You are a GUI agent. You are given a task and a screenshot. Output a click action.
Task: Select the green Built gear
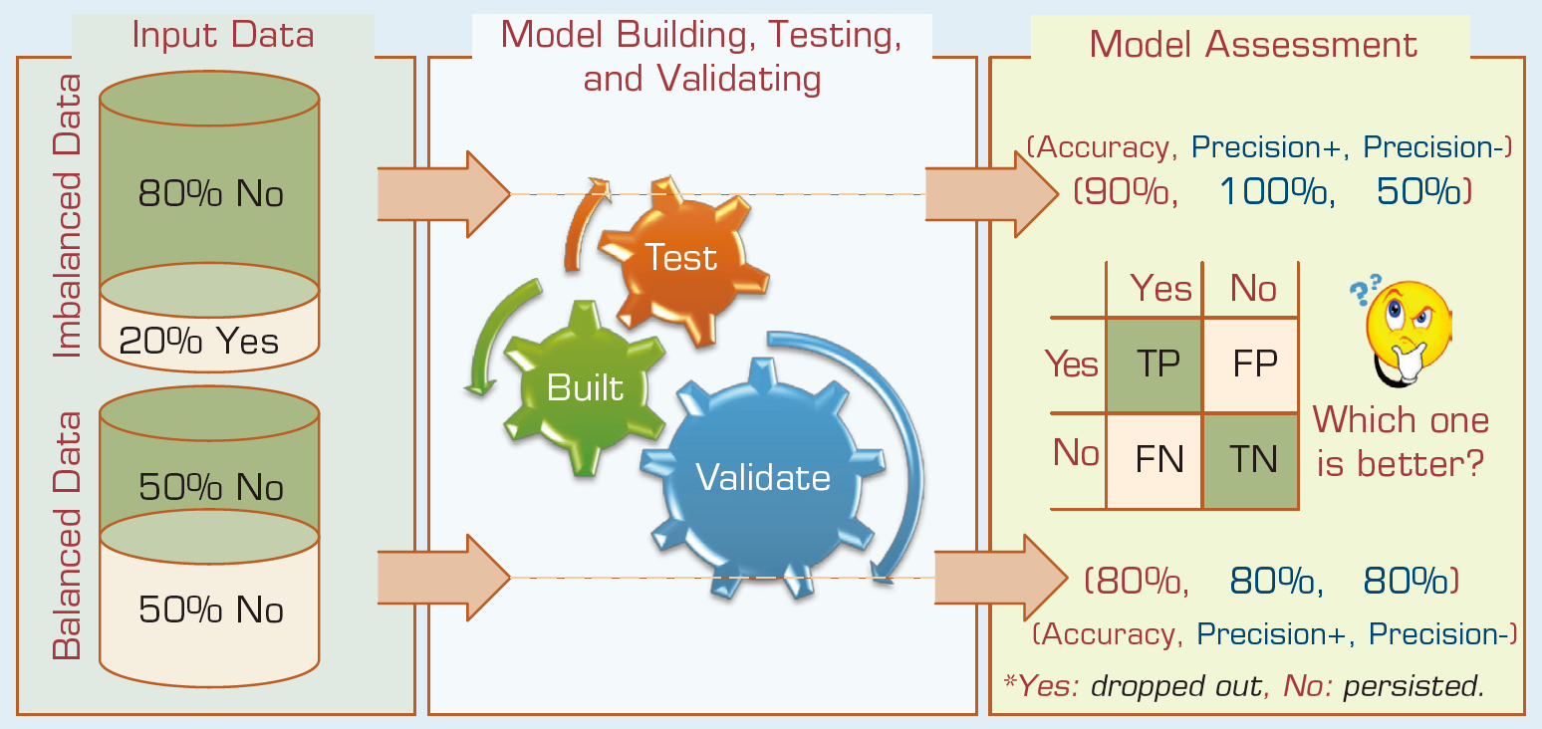tap(585, 387)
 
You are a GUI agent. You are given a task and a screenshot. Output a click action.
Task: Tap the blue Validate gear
tap(763, 478)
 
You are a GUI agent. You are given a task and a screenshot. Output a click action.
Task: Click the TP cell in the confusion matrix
tap(1155, 364)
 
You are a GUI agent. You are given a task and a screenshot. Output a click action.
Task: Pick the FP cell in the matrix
tap(1251, 364)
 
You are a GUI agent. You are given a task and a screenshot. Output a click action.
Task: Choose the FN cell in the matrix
tap(1155, 460)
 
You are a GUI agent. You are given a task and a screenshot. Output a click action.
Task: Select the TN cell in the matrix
tap(1251, 460)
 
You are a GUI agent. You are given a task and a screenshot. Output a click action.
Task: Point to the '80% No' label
tap(210, 193)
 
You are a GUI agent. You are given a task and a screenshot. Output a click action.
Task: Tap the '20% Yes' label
tap(199, 341)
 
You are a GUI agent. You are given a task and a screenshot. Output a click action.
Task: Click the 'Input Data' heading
tap(223, 35)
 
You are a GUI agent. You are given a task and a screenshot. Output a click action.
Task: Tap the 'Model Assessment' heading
tap(1253, 44)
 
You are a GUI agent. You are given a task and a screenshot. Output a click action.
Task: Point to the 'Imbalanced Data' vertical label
tap(68, 216)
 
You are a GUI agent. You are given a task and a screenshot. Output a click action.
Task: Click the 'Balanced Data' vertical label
tap(68, 536)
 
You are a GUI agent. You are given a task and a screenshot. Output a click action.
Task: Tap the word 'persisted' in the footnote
tap(1413, 685)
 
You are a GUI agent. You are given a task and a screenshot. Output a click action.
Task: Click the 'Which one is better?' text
tap(1401, 441)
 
